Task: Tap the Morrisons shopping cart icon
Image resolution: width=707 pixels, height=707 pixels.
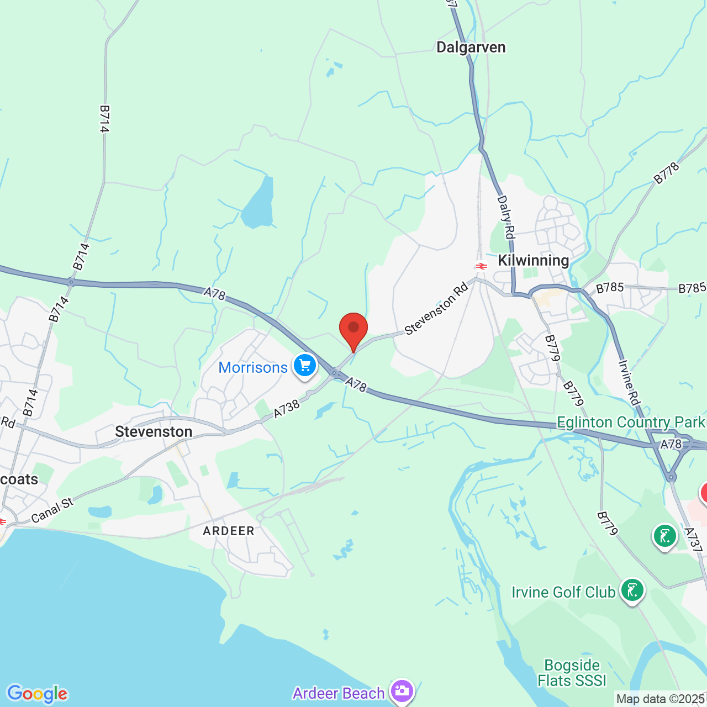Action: (x=304, y=366)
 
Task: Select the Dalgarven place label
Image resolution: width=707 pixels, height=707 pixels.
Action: (x=471, y=48)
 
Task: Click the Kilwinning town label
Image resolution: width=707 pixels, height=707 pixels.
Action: (x=533, y=260)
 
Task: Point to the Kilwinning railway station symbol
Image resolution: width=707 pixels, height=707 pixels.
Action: (x=481, y=266)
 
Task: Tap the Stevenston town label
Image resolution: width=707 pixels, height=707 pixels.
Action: (x=154, y=431)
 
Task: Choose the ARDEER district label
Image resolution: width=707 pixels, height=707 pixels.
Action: (x=229, y=531)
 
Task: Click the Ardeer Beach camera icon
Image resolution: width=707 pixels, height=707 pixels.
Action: (x=401, y=690)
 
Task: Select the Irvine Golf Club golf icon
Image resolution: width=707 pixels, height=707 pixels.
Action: (x=632, y=590)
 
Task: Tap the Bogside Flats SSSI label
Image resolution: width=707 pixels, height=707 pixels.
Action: (x=572, y=673)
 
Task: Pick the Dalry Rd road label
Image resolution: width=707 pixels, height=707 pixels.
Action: (x=506, y=217)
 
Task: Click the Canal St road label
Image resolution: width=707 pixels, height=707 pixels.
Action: (x=52, y=510)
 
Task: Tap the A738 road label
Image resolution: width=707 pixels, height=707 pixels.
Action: (x=287, y=409)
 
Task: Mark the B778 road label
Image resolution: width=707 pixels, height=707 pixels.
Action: (x=667, y=173)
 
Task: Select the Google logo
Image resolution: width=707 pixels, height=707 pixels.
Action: (x=37, y=694)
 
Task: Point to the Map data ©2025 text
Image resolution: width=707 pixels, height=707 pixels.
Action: (x=661, y=699)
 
